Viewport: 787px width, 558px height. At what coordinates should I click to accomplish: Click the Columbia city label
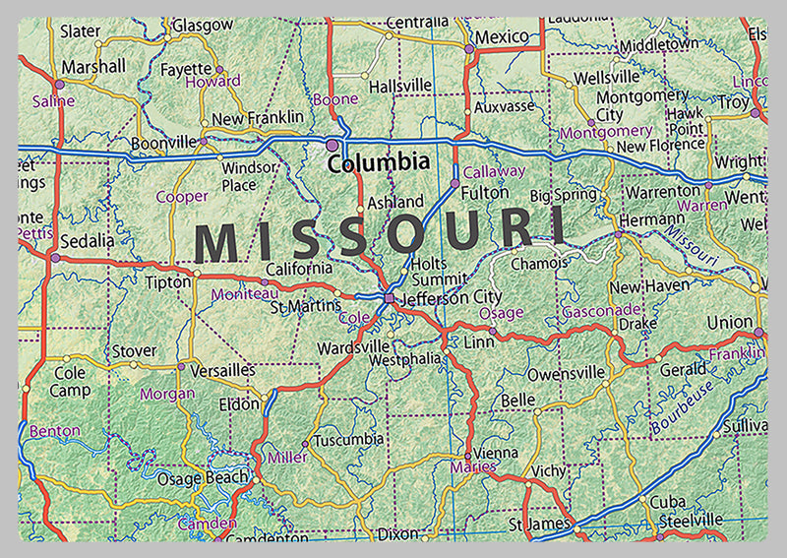tap(379, 162)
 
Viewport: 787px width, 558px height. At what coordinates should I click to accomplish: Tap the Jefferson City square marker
tap(390, 297)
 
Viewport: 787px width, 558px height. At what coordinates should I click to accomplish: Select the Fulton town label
tap(485, 194)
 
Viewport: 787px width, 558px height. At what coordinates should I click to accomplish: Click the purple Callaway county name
tap(494, 171)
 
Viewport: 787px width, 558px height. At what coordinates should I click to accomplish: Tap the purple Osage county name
tap(501, 312)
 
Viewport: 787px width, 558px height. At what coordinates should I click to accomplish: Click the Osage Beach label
tap(203, 478)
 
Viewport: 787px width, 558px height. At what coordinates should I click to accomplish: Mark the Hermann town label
tap(652, 218)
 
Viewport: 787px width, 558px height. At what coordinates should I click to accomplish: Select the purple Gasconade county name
tap(601, 311)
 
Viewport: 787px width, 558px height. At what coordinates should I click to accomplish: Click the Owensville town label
tap(566, 374)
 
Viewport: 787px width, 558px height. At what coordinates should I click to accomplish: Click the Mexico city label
tap(502, 36)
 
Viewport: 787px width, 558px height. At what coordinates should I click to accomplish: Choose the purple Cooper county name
tap(182, 197)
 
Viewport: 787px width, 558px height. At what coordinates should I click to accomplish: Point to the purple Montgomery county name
tap(606, 132)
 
